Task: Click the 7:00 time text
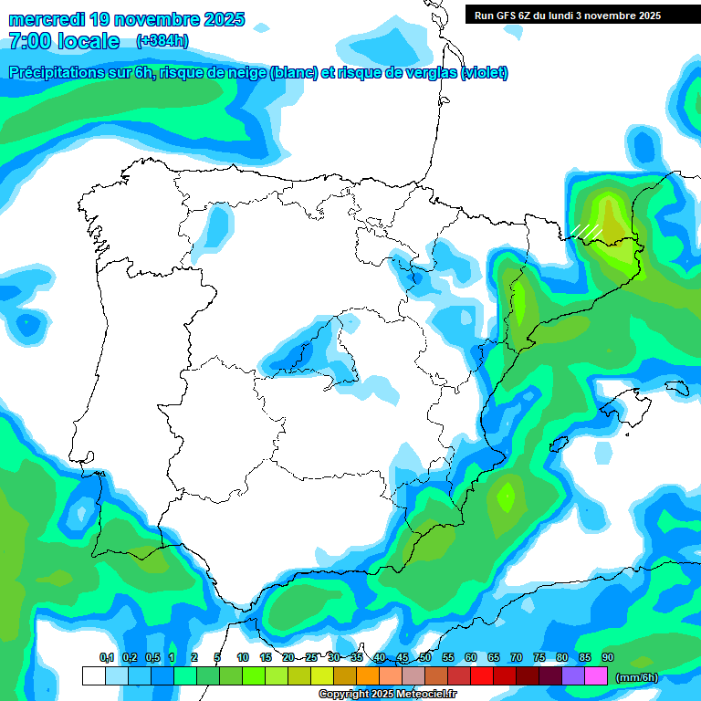[35, 41]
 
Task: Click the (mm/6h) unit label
[636, 677]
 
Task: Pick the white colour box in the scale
[93, 675]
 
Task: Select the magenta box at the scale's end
[596, 675]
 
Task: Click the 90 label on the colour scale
[607, 657]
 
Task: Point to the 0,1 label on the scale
[106, 657]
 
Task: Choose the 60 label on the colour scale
[470, 657]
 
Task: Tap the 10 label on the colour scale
[242, 657]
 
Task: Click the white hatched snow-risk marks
[586, 230]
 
